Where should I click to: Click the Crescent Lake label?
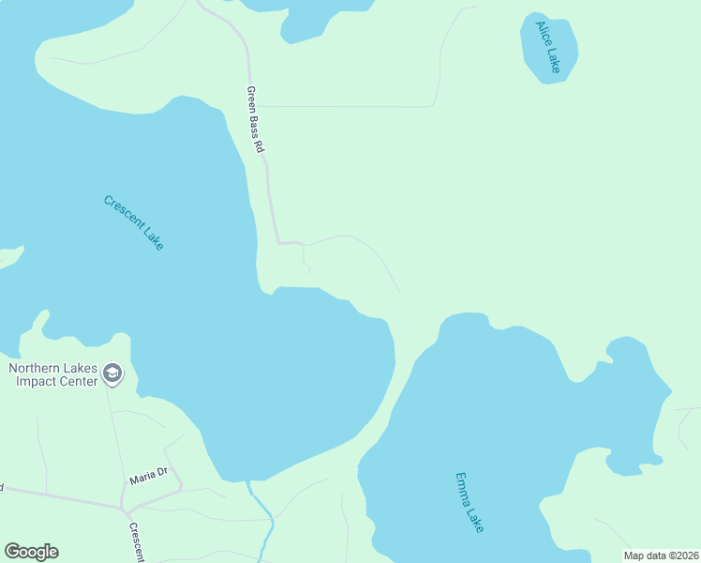pos(134,222)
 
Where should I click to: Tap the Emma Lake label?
pos(470,502)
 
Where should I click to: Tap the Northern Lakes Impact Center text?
pos(52,374)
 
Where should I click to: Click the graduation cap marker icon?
pos(112,374)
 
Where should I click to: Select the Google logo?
pos(31,552)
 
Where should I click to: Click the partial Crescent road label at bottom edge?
pos(135,543)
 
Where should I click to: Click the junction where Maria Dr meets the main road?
pos(123,509)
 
